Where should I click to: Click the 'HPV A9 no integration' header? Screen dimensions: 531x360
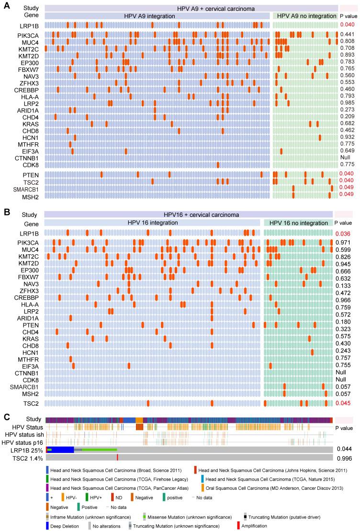tap(304, 16)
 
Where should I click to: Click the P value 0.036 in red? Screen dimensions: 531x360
tap(343, 234)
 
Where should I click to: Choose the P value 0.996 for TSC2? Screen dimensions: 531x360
tap(343, 458)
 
